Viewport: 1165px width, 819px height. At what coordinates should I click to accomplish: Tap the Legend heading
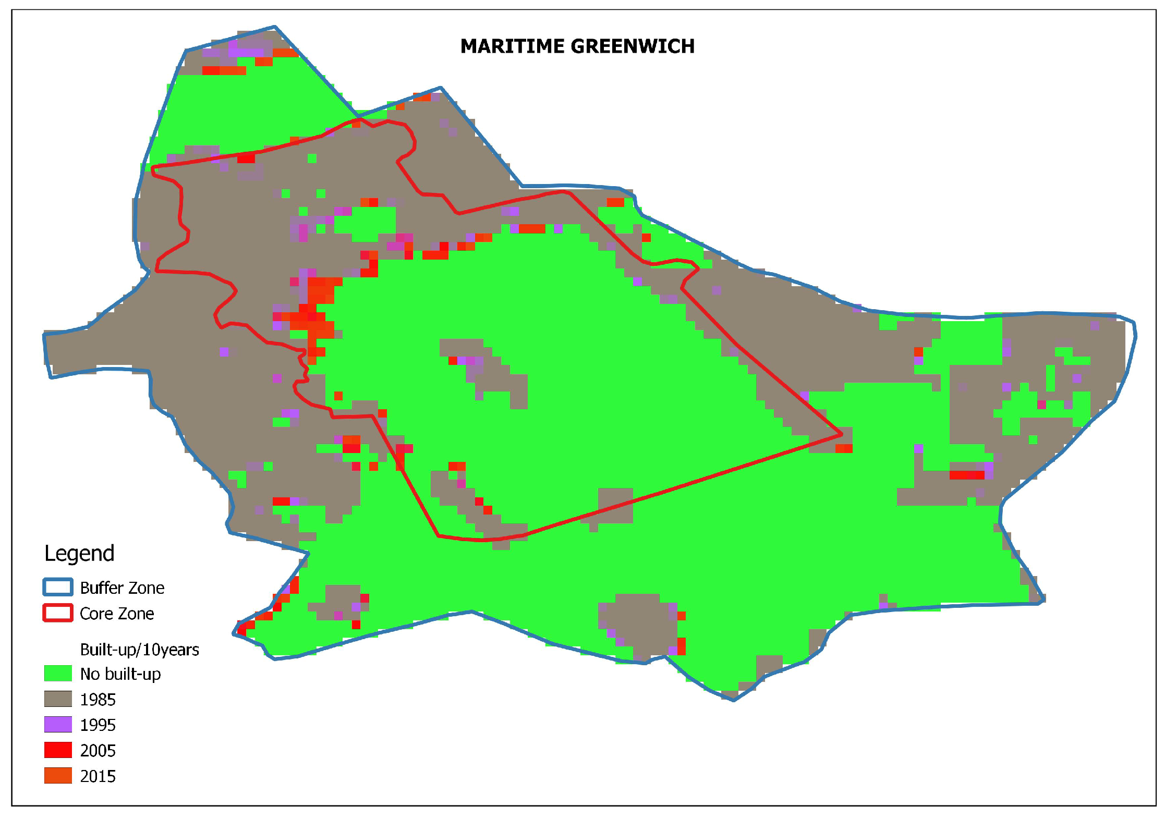point(79,553)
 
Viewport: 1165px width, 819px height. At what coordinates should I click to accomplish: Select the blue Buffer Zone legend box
point(57,587)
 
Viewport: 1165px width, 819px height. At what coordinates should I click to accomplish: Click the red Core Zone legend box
point(57,613)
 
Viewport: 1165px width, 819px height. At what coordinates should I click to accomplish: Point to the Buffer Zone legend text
point(122,588)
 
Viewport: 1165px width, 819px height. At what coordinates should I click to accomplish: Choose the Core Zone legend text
point(117,614)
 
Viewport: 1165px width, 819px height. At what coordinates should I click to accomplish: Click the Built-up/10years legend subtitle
point(139,650)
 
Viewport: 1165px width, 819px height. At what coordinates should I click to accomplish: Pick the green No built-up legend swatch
point(58,673)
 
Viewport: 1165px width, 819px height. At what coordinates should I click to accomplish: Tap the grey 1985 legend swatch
point(58,699)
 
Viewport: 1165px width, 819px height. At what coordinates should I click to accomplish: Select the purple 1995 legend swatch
point(58,725)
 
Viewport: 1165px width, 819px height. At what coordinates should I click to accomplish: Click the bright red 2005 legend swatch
point(58,750)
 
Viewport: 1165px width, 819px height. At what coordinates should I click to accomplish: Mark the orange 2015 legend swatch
point(58,776)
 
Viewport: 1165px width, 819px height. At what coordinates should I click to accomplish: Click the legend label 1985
point(98,700)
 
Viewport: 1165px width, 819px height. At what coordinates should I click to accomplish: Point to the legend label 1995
point(98,725)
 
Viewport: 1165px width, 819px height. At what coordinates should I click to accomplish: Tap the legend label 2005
point(98,751)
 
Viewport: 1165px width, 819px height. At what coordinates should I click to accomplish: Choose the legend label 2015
point(98,776)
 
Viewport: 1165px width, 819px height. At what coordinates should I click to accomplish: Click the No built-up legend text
point(120,674)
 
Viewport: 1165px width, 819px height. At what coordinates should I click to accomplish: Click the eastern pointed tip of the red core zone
point(841,433)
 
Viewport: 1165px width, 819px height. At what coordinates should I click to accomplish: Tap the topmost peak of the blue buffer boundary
point(275,27)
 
